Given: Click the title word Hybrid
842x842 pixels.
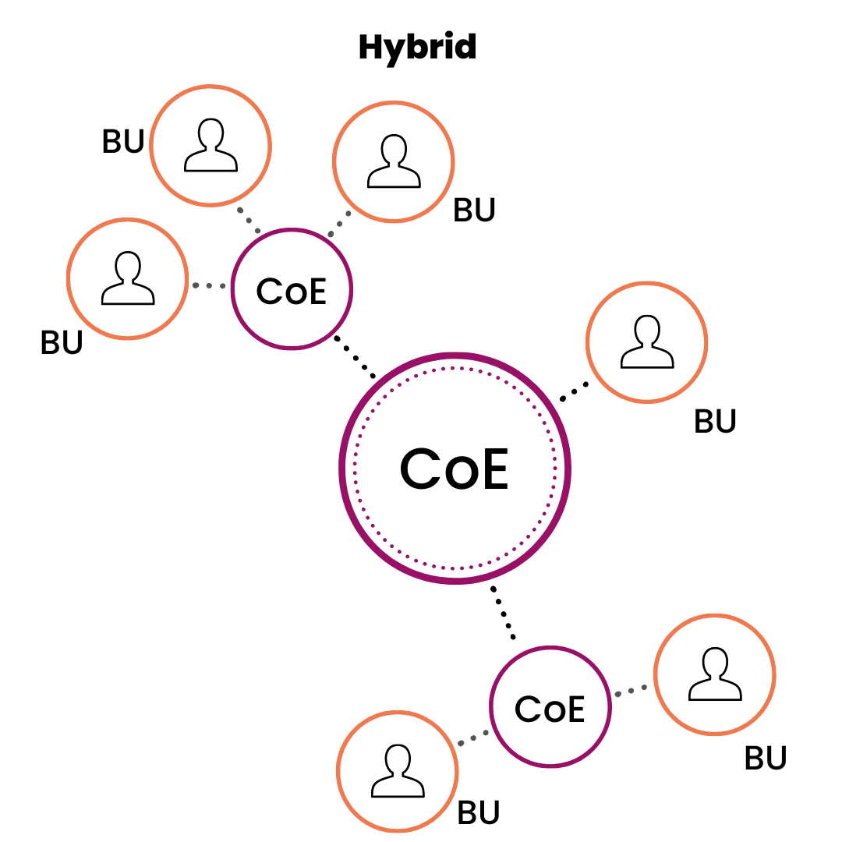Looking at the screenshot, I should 417,48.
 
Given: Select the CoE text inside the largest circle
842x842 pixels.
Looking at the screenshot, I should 454,469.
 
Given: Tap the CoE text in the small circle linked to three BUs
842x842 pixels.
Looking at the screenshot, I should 292,291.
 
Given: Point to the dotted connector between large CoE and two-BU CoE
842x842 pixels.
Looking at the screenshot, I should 504,613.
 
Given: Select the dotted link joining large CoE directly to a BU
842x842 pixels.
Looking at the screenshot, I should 575,389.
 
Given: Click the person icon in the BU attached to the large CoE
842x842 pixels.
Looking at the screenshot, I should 646,342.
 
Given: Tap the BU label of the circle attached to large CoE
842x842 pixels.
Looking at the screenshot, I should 715,422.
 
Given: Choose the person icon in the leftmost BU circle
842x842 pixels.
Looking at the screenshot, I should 127,278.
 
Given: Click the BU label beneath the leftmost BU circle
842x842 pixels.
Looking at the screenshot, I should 62,343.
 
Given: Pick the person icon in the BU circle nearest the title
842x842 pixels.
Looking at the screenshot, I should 394,163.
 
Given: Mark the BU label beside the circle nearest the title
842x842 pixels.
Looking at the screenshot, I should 475,210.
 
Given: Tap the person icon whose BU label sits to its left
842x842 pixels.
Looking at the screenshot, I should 210,145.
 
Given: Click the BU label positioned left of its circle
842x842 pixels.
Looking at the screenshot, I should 123,142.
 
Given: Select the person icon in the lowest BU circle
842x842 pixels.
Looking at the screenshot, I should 398,771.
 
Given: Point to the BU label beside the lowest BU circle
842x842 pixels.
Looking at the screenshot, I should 478,812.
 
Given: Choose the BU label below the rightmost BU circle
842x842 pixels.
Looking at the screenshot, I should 766,758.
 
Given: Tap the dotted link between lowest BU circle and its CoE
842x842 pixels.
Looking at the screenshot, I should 472,738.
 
